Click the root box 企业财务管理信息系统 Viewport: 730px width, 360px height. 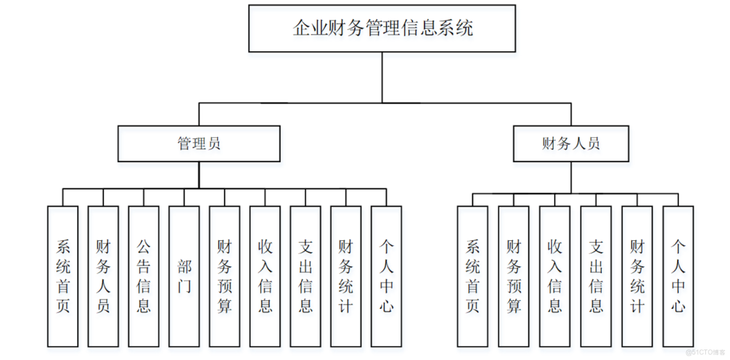tap(382, 28)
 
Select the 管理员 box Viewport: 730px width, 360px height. tap(199, 144)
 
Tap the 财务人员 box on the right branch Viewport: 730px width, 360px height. tap(571, 144)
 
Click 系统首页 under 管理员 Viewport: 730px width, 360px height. tap(63, 276)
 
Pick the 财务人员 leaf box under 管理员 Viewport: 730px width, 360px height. tap(103, 276)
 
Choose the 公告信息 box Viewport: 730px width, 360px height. tap(144, 276)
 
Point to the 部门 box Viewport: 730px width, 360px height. tap(184, 276)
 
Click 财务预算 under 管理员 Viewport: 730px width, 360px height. tap(224, 276)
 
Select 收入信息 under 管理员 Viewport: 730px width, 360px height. tap(265, 276)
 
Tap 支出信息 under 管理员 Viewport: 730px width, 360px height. tap(306, 276)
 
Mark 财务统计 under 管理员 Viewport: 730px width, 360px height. tap(346, 276)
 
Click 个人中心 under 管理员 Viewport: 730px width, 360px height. tap(387, 276)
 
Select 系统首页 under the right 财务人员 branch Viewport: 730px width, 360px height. tap(473, 276)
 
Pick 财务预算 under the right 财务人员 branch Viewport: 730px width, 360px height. tap(514, 276)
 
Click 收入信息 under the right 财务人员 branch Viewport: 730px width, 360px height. tap(555, 276)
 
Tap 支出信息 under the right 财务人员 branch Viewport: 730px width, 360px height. tap(596, 276)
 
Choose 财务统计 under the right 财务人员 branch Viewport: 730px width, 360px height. tap(637, 276)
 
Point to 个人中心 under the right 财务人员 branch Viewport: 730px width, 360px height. tap(678, 276)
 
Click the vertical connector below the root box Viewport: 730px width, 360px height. tap(382, 77)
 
